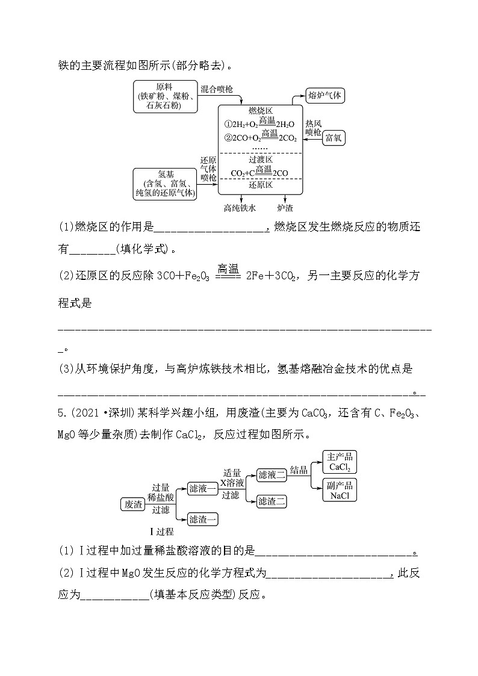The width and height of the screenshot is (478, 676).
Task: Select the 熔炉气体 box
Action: point(324,95)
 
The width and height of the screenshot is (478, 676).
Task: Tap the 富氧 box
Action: point(333,138)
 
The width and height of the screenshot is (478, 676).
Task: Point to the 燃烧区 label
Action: point(261,111)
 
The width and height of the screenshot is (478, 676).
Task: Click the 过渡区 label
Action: point(261,160)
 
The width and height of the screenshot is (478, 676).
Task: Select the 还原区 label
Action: point(261,185)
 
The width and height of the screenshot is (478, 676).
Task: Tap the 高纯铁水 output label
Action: point(240,208)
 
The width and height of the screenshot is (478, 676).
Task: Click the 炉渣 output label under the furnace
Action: point(285,208)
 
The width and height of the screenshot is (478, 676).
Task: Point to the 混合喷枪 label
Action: point(217,88)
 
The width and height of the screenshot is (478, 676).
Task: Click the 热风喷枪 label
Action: point(313,127)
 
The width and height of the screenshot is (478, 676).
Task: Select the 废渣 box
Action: point(133,504)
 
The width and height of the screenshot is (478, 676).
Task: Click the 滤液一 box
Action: point(202,488)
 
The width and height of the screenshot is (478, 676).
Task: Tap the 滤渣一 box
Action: point(202,518)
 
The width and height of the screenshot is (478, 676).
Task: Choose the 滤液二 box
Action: point(272,475)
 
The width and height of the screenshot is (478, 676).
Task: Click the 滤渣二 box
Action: point(272,501)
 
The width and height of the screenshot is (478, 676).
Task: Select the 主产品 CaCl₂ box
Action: point(340,462)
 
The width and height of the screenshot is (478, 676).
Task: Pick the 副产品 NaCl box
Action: point(340,491)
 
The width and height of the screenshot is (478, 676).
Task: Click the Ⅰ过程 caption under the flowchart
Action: point(161,532)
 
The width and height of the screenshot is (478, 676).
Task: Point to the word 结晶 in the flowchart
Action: point(299,470)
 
